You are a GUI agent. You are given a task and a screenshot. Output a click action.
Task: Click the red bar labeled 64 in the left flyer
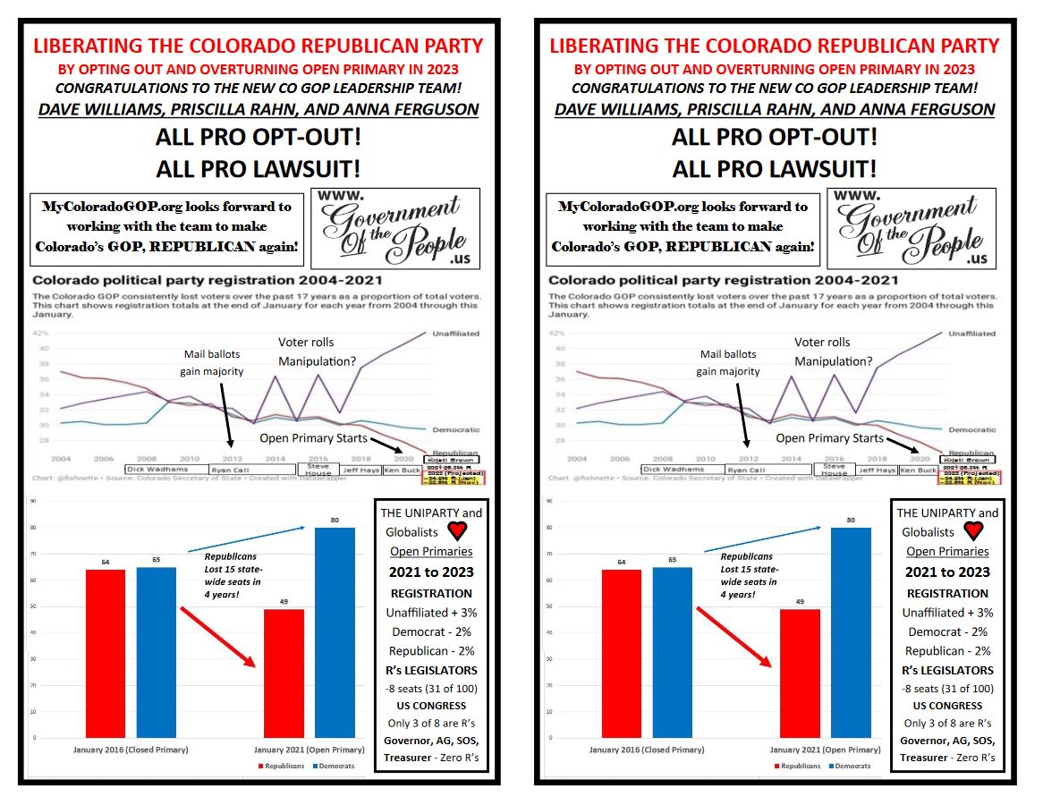[106, 653]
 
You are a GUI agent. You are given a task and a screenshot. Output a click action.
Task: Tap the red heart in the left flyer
[457, 530]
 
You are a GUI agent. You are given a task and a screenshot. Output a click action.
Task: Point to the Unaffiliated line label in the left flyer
[455, 334]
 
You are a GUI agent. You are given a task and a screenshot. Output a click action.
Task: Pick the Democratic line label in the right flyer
[971, 430]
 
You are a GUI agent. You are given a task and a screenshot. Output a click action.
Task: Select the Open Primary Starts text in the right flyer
[829, 438]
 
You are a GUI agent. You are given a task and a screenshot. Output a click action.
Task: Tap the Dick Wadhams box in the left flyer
[166, 469]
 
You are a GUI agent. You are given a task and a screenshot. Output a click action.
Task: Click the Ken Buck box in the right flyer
[918, 470]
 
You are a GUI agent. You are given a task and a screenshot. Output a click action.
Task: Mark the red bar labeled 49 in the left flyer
[284, 673]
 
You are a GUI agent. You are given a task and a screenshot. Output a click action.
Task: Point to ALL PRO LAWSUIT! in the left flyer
[258, 168]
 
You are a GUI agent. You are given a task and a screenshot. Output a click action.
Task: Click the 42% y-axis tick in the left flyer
[42, 333]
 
